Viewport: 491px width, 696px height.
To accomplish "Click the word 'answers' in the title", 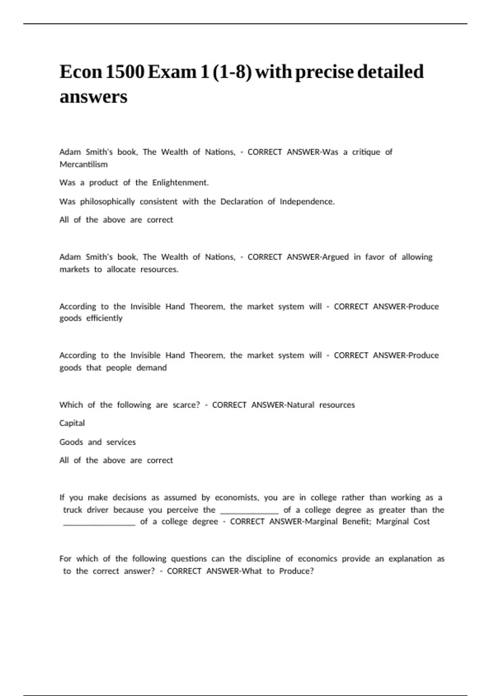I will pos(93,97).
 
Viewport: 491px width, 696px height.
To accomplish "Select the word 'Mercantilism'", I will pos(83,165).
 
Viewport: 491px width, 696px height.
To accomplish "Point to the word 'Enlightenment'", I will pos(180,183).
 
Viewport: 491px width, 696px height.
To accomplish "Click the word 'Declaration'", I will pos(241,201).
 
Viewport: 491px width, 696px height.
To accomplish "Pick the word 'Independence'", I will pos(307,201).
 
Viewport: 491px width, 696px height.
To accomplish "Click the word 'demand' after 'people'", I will pos(151,368).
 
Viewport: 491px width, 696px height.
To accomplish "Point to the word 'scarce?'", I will pos(186,405).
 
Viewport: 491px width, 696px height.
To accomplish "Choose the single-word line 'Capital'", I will pos(72,423).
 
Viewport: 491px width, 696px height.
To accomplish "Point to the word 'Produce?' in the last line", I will pos(296,571).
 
